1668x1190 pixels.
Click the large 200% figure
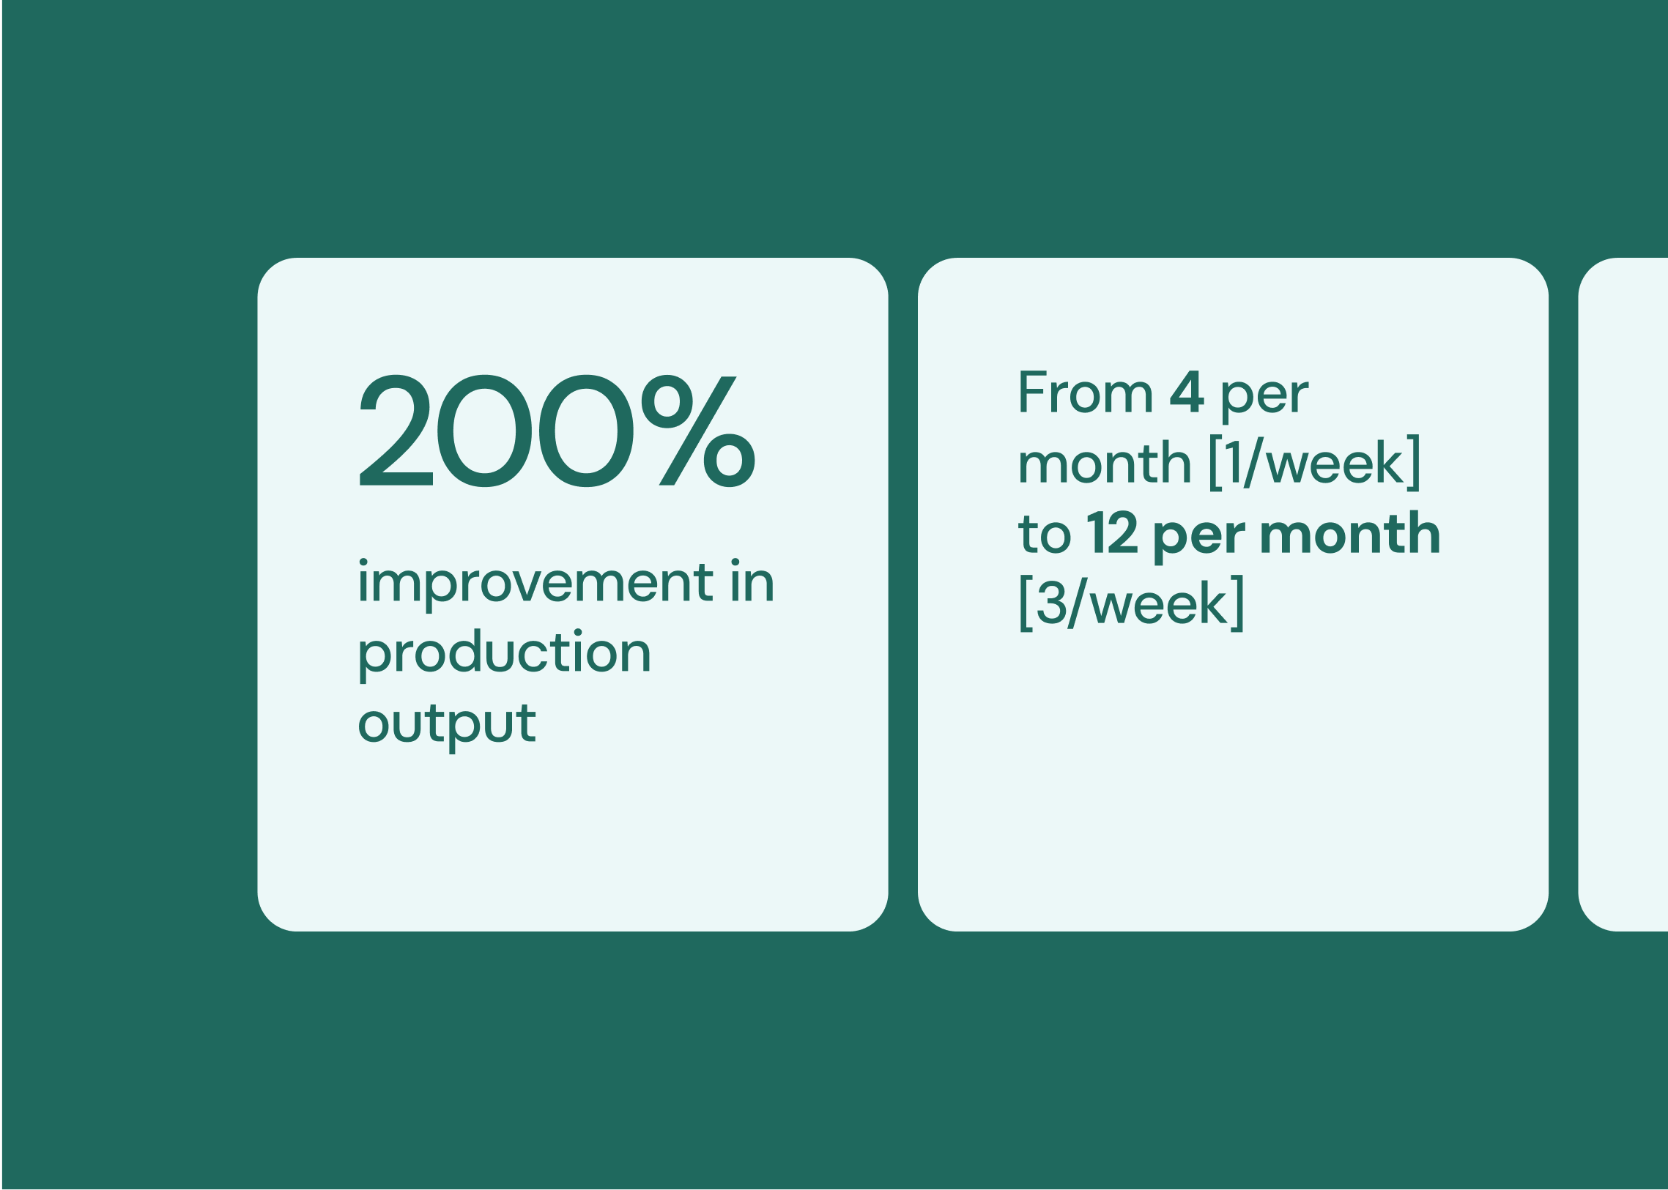click(x=557, y=431)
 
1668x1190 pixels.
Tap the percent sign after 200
click(x=698, y=431)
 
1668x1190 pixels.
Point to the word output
click(x=447, y=726)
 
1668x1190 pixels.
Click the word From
click(x=1086, y=392)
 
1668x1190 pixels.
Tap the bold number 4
click(x=1187, y=392)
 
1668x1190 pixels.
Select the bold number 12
click(x=1112, y=533)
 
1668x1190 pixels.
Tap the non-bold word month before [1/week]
click(x=1105, y=463)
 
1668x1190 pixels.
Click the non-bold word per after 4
click(x=1264, y=398)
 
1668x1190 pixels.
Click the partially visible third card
click(x=1623, y=594)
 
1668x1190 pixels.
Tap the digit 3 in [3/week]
click(x=1052, y=603)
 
